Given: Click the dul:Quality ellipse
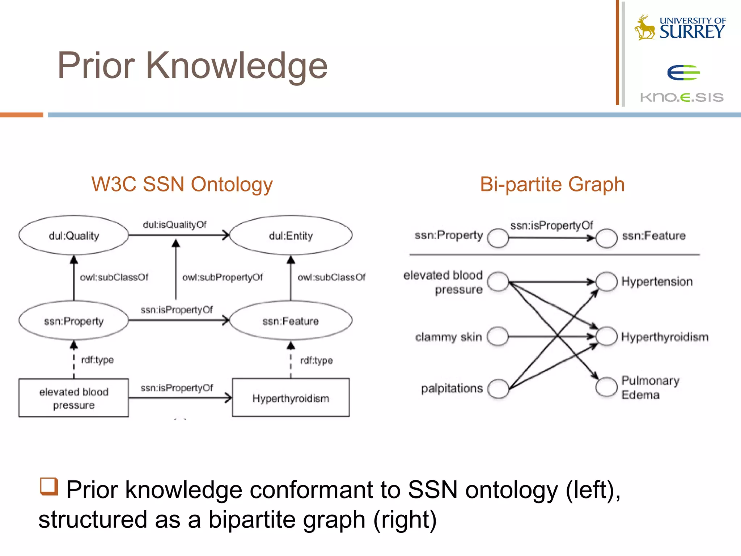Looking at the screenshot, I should click(74, 235).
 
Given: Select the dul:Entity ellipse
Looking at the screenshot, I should click(291, 235).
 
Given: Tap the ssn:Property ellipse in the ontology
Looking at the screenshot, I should click(74, 321).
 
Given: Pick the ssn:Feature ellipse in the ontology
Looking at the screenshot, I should click(291, 321).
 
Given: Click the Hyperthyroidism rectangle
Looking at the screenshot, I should click(291, 398).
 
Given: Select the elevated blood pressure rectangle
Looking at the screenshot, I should click(74, 398).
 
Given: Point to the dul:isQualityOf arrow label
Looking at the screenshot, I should click(175, 225).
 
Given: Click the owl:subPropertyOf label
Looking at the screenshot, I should click(223, 277).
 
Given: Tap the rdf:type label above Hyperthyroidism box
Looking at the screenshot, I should click(317, 360).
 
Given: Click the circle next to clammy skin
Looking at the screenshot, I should click(498, 337).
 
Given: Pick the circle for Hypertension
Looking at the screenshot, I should click(606, 282).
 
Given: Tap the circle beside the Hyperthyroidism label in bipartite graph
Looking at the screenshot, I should click(606, 337).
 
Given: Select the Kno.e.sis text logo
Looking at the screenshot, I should click(682, 97).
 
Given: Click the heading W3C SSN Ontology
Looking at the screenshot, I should click(182, 184).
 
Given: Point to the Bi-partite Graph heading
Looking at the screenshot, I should click(552, 184).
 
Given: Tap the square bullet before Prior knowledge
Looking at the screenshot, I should click(49, 486).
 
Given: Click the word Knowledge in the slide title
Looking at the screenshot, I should click(237, 66).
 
